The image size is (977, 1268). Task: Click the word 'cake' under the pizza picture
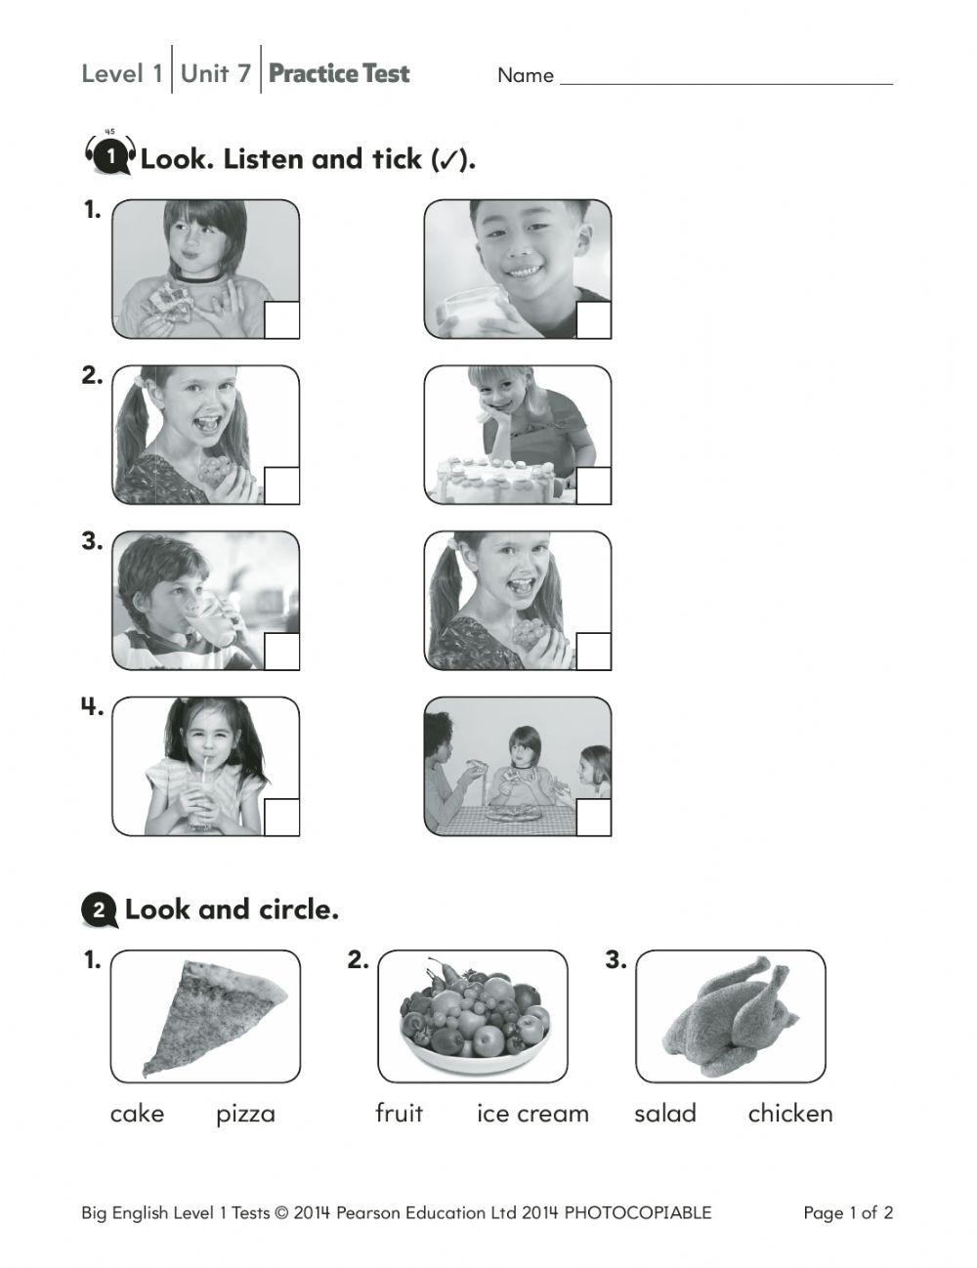point(137,1114)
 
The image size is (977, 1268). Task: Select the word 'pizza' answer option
point(245,1114)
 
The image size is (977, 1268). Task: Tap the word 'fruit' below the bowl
point(399,1114)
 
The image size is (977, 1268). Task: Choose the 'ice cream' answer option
point(532,1114)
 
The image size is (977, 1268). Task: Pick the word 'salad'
point(664,1114)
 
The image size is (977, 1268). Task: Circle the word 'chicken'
point(789,1114)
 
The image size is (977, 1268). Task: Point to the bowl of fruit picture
point(473,1016)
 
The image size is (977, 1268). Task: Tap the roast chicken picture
point(731,1016)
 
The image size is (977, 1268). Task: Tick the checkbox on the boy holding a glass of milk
point(593,320)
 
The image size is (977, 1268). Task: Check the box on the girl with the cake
point(593,486)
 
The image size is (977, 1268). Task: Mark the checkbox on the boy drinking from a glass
point(281,652)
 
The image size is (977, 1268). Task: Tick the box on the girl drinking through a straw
point(281,817)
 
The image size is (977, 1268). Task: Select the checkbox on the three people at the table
point(593,817)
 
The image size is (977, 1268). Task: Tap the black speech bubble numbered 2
point(99,910)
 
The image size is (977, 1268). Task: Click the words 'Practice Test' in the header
point(339,74)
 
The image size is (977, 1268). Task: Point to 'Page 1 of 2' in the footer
point(847,1213)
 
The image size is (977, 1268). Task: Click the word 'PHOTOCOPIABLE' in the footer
point(638,1213)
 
